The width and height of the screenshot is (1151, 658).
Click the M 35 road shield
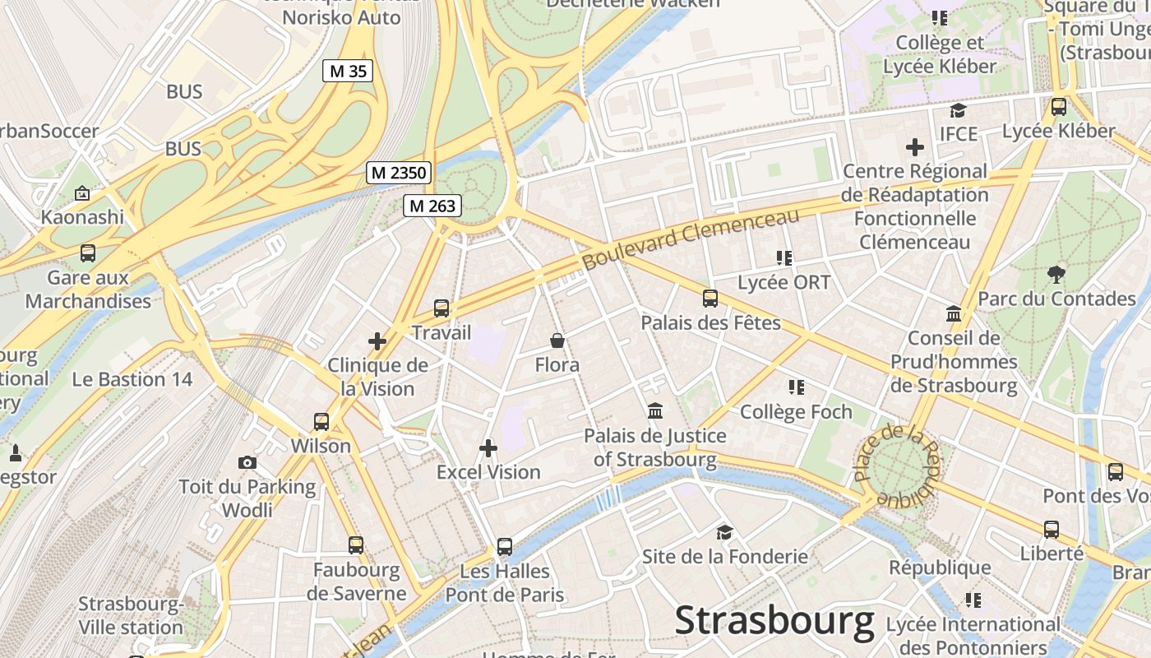coord(347,72)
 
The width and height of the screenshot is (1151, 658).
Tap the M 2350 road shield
coord(399,173)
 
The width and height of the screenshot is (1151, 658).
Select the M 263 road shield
coord(432,206)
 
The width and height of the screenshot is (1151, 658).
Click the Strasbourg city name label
coord(774,621)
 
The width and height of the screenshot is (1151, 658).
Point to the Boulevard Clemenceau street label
coord(691,239)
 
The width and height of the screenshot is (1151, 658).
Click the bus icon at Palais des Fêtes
coord(710,299)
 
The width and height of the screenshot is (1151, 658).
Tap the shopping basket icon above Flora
coord(557,341)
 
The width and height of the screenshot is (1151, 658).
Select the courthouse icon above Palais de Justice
coord(655,410)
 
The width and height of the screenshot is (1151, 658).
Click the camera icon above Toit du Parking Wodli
coord(247,463)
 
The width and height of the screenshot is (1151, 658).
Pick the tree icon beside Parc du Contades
coord(1056,275)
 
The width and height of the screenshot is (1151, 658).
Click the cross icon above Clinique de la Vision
coord(377,341)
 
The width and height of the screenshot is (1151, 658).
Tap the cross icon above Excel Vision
coord(488,448)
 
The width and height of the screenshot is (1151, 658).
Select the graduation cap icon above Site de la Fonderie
coord(724,532)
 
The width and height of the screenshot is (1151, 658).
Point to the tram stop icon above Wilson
coord(321,422)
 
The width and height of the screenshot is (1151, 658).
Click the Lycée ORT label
coord(784,282)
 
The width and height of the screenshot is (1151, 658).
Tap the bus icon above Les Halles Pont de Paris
coord(505,547)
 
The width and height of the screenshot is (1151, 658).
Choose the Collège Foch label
coord(796,411)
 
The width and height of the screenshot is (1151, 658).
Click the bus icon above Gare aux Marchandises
coord(88,253)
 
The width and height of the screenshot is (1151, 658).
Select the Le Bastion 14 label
coord(132,379)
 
